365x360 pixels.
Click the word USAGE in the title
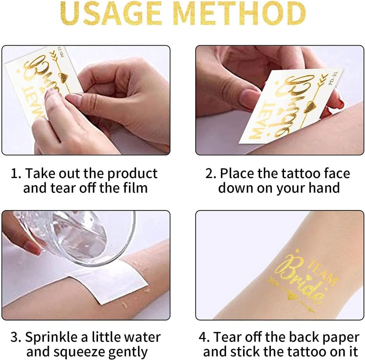[x=111, y=14]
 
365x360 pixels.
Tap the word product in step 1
[x=132, y=174]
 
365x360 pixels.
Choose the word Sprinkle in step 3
[x=51, y=338]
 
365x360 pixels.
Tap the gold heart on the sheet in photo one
[x=63, y=77]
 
